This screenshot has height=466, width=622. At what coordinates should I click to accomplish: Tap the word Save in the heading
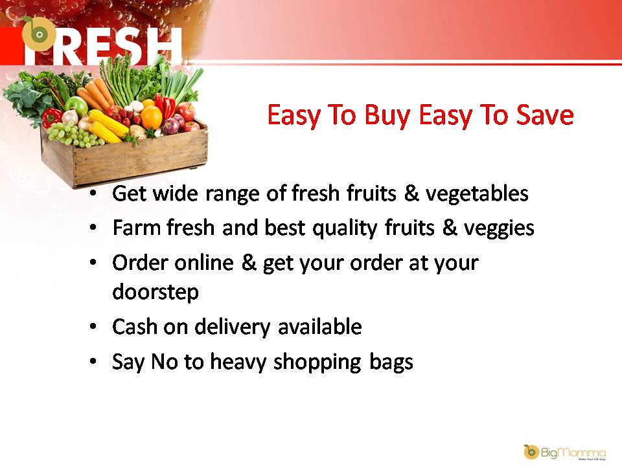(545, 116)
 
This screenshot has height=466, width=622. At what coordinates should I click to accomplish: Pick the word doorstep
(155, 292)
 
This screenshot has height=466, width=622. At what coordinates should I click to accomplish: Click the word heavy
(237, 362)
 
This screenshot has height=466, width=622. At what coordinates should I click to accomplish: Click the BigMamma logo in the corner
(564, 451)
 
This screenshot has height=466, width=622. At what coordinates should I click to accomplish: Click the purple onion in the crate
(170, 126)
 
